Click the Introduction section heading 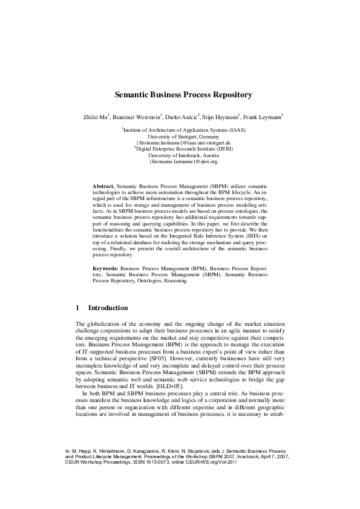[108, 308]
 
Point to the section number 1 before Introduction [77, 308]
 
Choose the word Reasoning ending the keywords [173, 280]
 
